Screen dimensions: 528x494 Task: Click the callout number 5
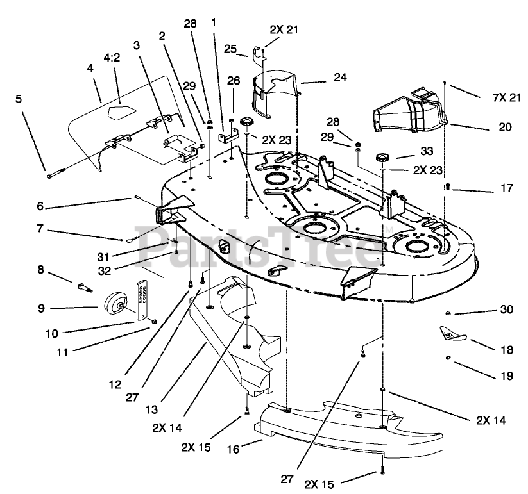point(19,99)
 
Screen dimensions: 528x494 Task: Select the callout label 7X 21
point(506,98)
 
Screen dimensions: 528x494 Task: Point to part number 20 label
point(505,127)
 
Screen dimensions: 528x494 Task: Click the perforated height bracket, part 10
point(142,300)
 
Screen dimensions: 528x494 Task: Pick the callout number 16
point(233,449)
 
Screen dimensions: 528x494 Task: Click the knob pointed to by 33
point(383,158)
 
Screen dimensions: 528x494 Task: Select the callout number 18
point(506,350)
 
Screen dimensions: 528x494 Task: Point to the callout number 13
point(152,409)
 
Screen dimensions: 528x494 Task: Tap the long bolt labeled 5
point(59,174)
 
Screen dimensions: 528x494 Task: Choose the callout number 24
point(340,78)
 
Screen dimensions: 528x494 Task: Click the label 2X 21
point(284,29)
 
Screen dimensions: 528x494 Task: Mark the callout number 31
point(103,257)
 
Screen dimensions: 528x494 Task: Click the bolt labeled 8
point(85,288)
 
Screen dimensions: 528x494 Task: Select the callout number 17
point(507,188)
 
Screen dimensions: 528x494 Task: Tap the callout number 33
point(427,151)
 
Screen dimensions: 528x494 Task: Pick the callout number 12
point(115,384)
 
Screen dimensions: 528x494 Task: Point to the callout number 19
point(507,375)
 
